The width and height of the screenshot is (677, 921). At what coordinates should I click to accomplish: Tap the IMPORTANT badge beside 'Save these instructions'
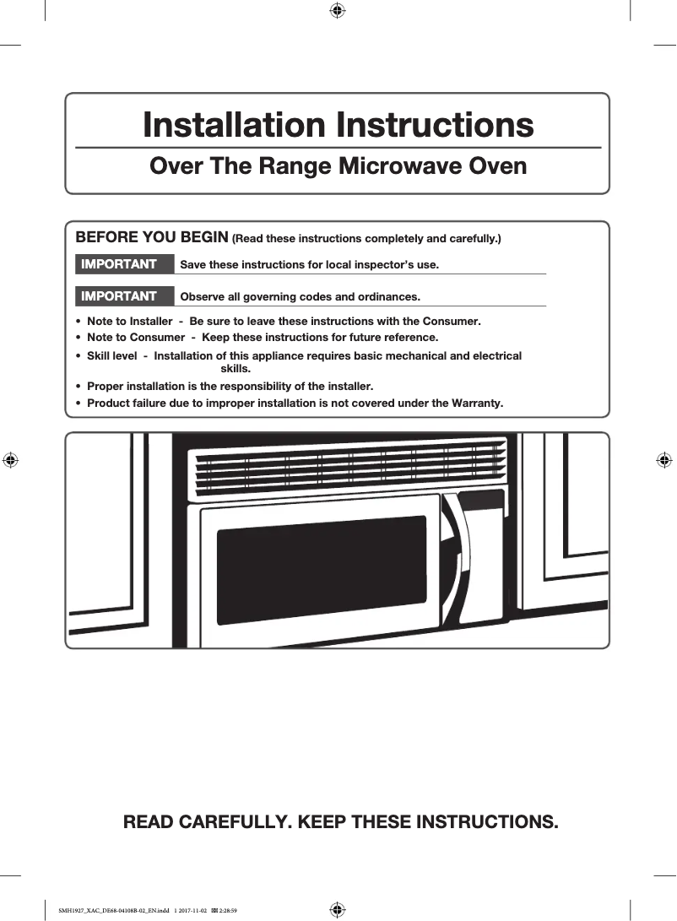119,264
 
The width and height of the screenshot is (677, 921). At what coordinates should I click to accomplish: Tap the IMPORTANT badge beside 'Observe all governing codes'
119,296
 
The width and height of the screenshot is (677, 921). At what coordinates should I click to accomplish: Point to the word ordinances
389,297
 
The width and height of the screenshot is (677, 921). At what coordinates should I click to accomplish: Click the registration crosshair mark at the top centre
336,10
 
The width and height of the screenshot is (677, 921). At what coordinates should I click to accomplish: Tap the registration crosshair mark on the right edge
664,460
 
